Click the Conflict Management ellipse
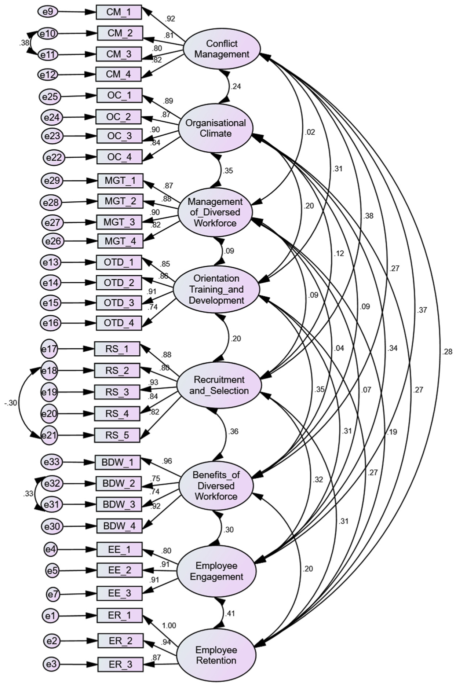tap(222, 49)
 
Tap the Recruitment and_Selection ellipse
tap(219, 385)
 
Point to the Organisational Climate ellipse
tap(216, 128)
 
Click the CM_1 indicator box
tap(119, 12)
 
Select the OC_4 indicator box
tap(120, 157)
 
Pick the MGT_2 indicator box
tap(121, 201)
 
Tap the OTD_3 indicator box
tap(119, 303)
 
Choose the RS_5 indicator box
tap(117, 435)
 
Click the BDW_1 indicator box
tap(118, 462)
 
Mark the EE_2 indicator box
tap(120, 570)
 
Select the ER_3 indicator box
tap(120, 664)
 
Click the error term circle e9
tap(48, 12)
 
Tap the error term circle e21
tap(49, 436)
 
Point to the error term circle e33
tap(51, 462)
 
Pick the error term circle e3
tap(51, 664)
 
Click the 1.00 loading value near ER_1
tap(169, 626)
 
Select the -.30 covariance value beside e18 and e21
tap(10, 403)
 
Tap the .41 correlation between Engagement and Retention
tap(229, 613)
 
